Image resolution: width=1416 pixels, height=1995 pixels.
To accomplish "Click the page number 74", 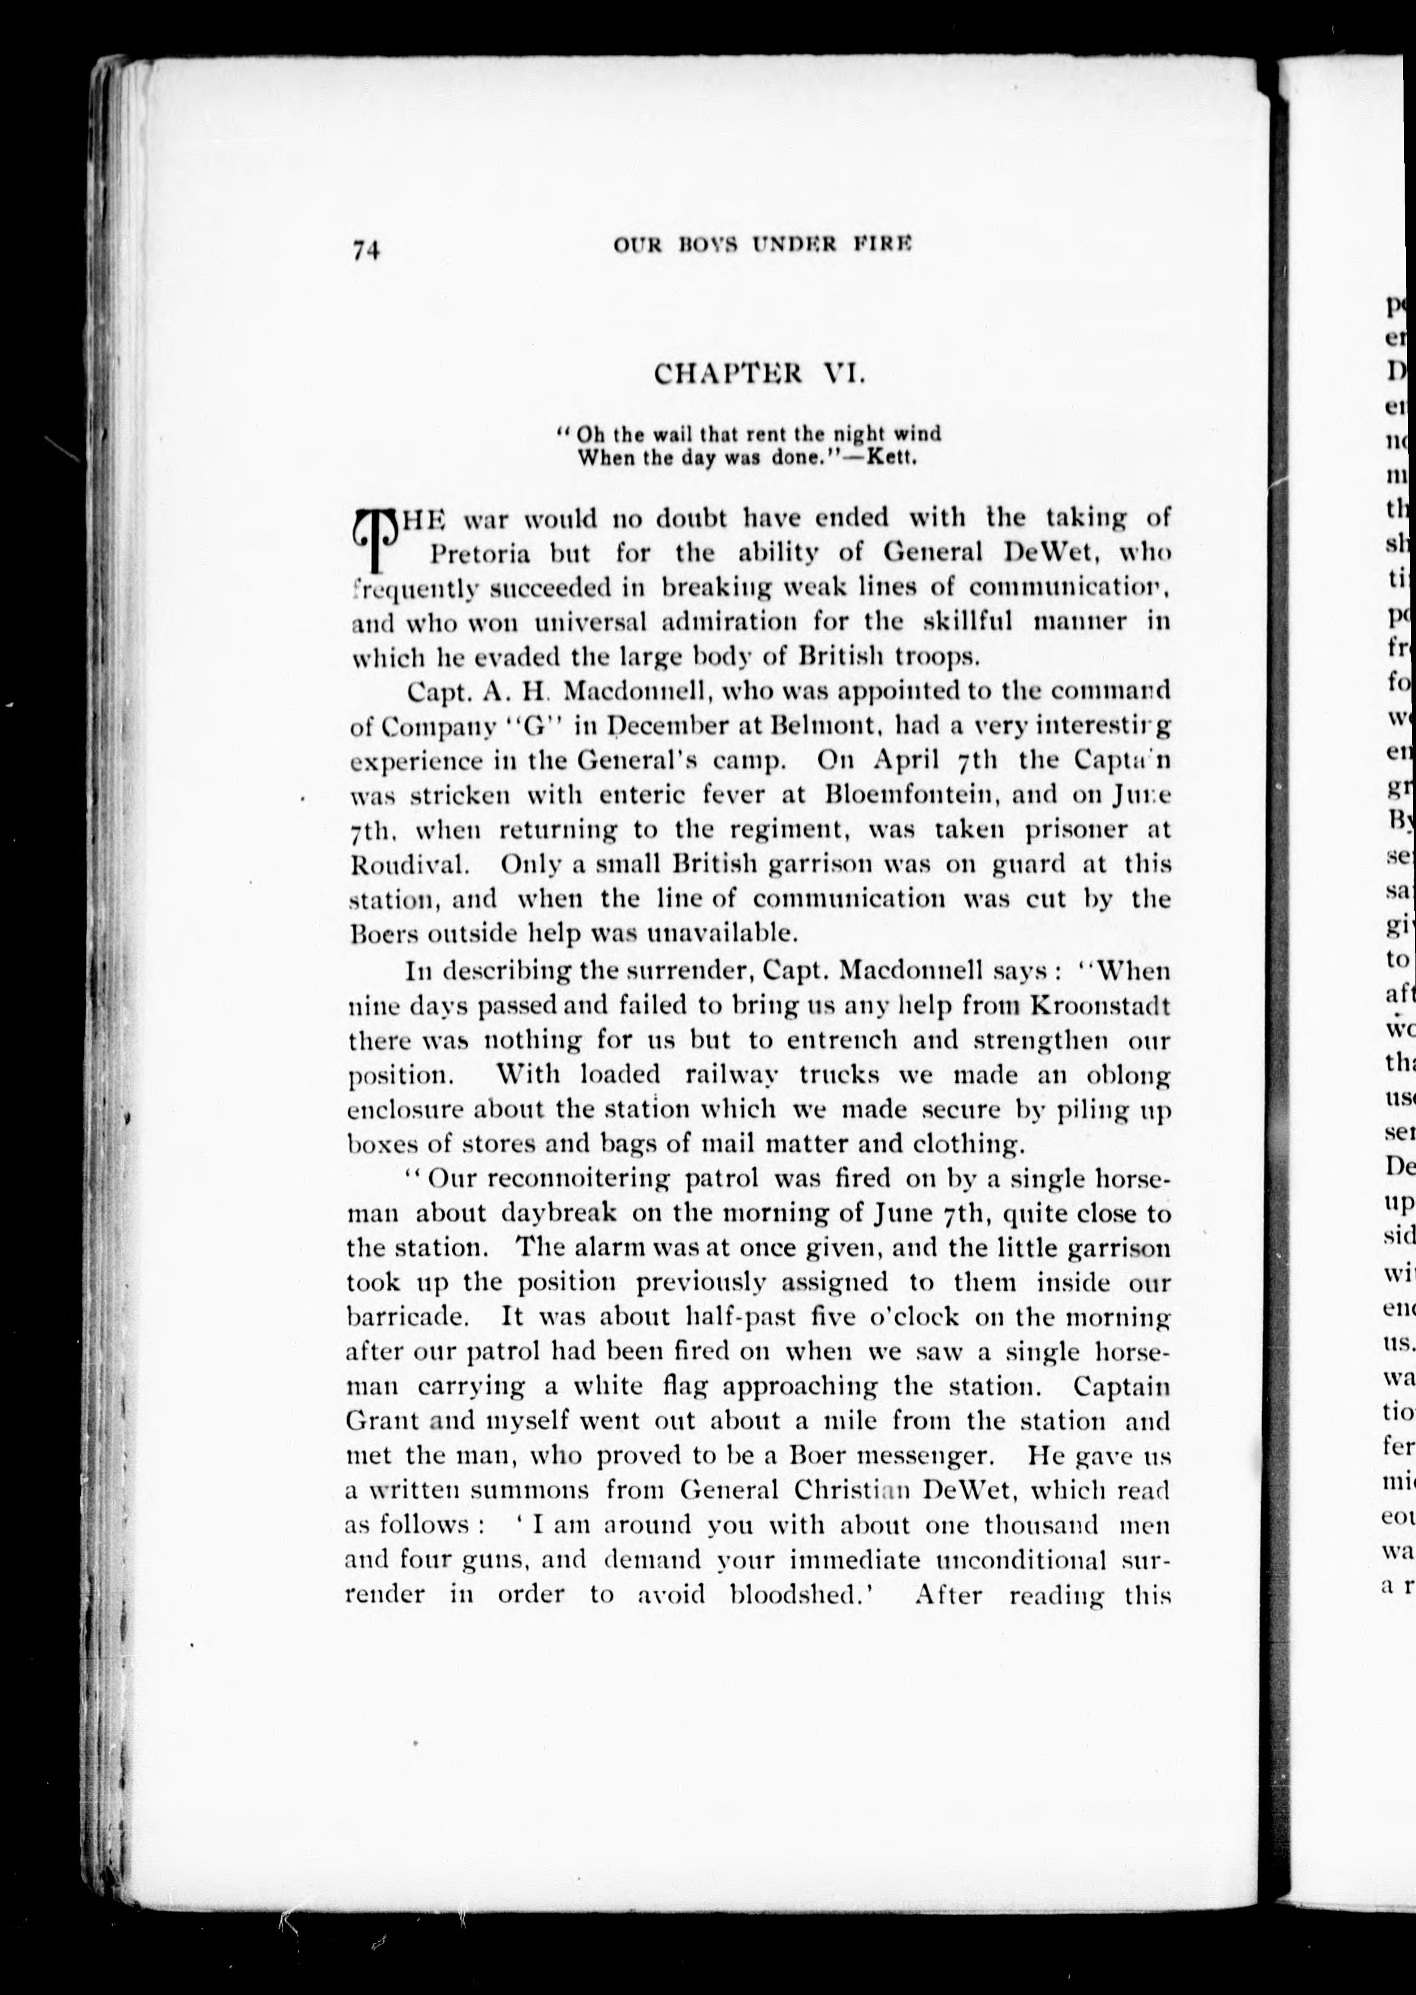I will pos(366,251).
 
